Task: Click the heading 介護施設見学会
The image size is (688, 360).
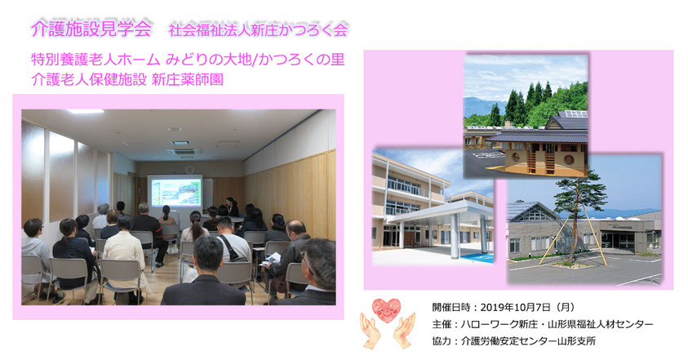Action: tap(91, 29)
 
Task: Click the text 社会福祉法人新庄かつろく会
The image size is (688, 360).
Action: tap(258, 30)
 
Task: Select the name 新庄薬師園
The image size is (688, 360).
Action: tap(188, 79)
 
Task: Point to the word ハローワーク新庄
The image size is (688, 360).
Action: tap(499, 324)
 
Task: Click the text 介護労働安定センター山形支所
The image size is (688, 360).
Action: tap(528, 340)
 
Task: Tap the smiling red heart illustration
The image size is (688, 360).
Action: tap(387, 310)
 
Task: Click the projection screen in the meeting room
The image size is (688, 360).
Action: tap(175, 192)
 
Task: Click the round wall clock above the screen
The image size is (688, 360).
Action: tap(189, 170)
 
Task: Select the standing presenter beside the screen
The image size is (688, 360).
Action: tap(232, 207)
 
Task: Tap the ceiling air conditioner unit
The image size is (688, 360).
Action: tap(184, 152)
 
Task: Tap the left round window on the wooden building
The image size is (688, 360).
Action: tap(515, 157)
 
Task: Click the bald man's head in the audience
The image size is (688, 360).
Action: tap(296, 229)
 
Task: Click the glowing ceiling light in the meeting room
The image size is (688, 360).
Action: tap(85, 112)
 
